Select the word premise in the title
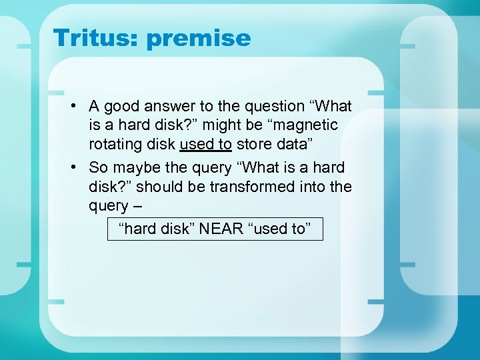click(x=199, y=38)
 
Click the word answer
click(x=173, y=106)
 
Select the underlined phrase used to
click(x=205, y=143)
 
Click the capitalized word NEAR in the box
click(x=221, y=229)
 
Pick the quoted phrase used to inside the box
click(x=279, y=229)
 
